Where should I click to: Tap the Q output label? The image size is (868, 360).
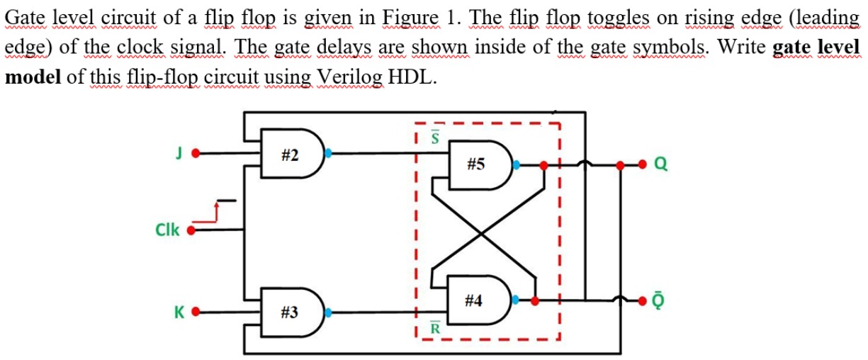click(660, 165)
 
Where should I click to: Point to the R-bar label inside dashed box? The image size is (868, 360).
click(436, 328)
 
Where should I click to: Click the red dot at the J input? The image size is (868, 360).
click(199, 152)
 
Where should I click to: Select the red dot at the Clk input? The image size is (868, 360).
click(190, 230)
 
